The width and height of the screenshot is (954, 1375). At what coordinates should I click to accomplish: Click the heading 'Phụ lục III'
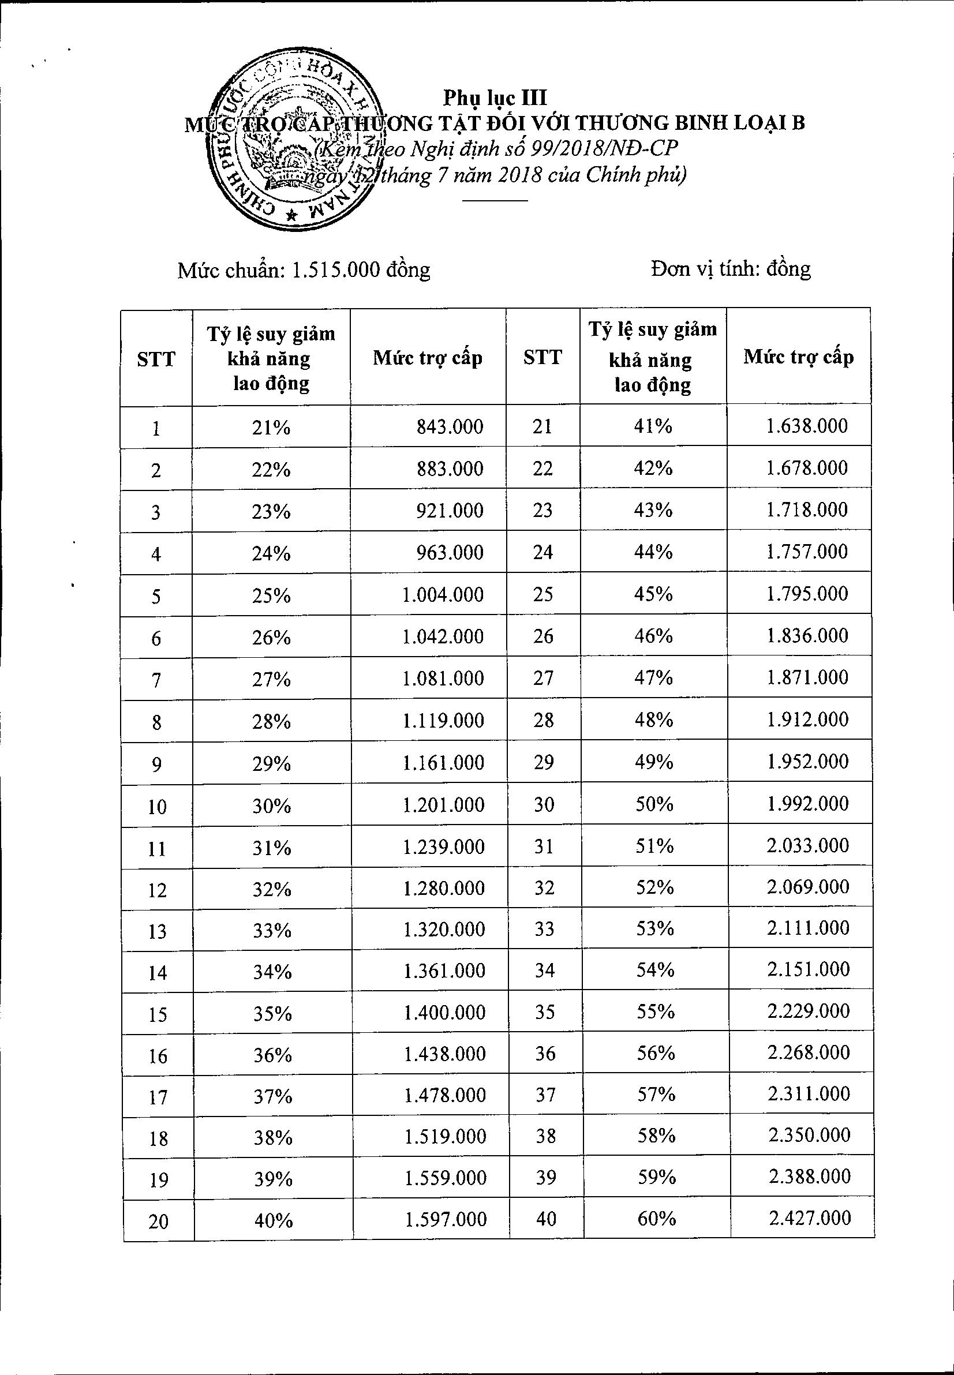(x=495, y=97)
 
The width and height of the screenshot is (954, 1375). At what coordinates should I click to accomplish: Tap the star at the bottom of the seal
(x=291, y=216)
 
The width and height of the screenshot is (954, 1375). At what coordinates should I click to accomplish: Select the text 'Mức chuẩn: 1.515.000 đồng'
(x=304, y=270)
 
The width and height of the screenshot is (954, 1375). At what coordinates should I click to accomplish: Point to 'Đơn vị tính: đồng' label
(x=731, y=269)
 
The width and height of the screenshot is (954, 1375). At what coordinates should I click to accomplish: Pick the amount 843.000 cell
(x=450, y=426)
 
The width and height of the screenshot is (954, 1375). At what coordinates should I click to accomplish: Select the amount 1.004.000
(x=443, y=594)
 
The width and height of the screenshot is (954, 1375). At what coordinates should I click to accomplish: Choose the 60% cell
(x=656, y=1218)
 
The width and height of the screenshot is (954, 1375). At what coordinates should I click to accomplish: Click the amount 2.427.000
(x=809, y=1217)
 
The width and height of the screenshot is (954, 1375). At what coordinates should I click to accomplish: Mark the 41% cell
(x=653, y=426)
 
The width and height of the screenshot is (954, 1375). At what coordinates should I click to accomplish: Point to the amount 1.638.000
(x=807, y=425)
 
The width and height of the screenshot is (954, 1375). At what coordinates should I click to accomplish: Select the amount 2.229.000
(x=809, y=1010)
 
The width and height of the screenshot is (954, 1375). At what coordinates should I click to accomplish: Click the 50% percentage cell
(x=654, y=804)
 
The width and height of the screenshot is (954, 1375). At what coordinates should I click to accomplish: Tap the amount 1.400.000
(x=444, y=1011)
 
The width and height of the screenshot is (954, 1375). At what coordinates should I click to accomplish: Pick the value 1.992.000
(x=808, y=803)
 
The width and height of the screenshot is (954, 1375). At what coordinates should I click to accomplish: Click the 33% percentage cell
(x=272, y=930)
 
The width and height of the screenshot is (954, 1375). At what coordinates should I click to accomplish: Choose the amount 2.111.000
(x=809, y=927)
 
